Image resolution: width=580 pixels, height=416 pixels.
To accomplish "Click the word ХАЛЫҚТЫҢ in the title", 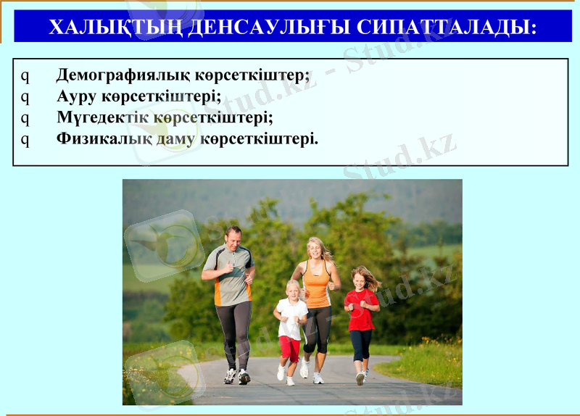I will click(114, 28).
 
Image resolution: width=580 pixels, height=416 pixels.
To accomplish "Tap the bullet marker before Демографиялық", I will click(25, 75).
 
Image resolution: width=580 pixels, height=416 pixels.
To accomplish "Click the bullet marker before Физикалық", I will click(25, 138).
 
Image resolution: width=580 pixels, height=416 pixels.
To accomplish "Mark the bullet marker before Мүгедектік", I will click(25, 117).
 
